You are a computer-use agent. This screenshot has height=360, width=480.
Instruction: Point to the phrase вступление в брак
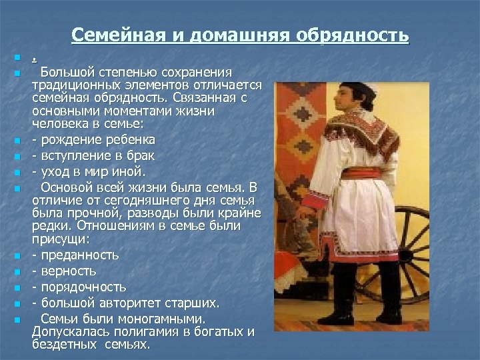click(97, 156)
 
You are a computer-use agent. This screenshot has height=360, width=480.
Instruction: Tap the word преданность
click(79, 255)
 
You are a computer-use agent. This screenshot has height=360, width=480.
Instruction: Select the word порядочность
click(83, 287)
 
